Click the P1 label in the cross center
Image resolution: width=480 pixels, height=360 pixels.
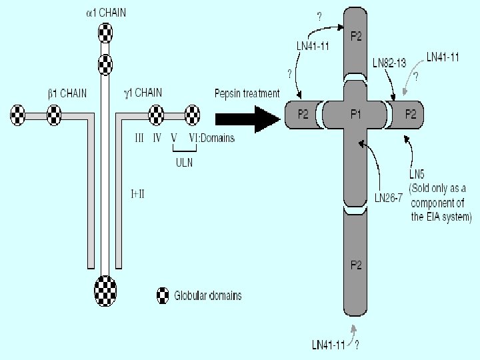coord(356,115)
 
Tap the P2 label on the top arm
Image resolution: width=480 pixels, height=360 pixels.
coord(356,37)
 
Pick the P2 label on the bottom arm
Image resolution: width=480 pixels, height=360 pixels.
coord(356,265)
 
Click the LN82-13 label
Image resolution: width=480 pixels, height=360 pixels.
coord(389,63)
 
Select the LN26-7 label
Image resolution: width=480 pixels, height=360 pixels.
coord(389,197)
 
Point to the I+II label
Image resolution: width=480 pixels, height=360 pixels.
coord(138,193)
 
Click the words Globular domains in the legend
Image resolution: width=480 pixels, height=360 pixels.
coord(207,295)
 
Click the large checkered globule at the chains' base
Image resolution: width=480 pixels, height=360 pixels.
coord(105,291)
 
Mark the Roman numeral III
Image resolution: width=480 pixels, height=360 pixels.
coord(139,138)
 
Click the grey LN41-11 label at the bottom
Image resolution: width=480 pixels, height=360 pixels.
coord(329,345)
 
